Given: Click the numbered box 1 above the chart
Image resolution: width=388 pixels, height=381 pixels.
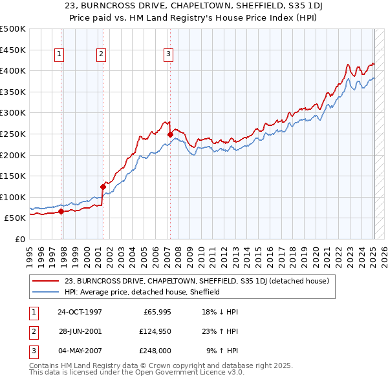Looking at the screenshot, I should (x=59, y=55).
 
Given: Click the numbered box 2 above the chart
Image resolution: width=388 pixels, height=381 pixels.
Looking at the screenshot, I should (x=102, y=55).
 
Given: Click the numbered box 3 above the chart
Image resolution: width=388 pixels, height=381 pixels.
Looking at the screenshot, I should (x=167, y=55).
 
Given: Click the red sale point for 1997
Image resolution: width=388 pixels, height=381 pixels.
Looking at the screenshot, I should (x=61, y=211).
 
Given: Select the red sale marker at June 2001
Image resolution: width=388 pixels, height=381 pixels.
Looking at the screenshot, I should (x=103, y=187).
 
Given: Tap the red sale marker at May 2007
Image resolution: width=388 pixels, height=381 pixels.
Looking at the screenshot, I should (x=170, y=134).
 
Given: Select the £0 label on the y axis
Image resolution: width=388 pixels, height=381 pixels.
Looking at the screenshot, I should (x=19, y=239).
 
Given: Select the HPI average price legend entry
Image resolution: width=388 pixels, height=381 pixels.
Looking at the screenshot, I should (x=142, y=292).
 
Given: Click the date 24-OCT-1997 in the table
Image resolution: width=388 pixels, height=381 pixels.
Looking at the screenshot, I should (x=80, y=312).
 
